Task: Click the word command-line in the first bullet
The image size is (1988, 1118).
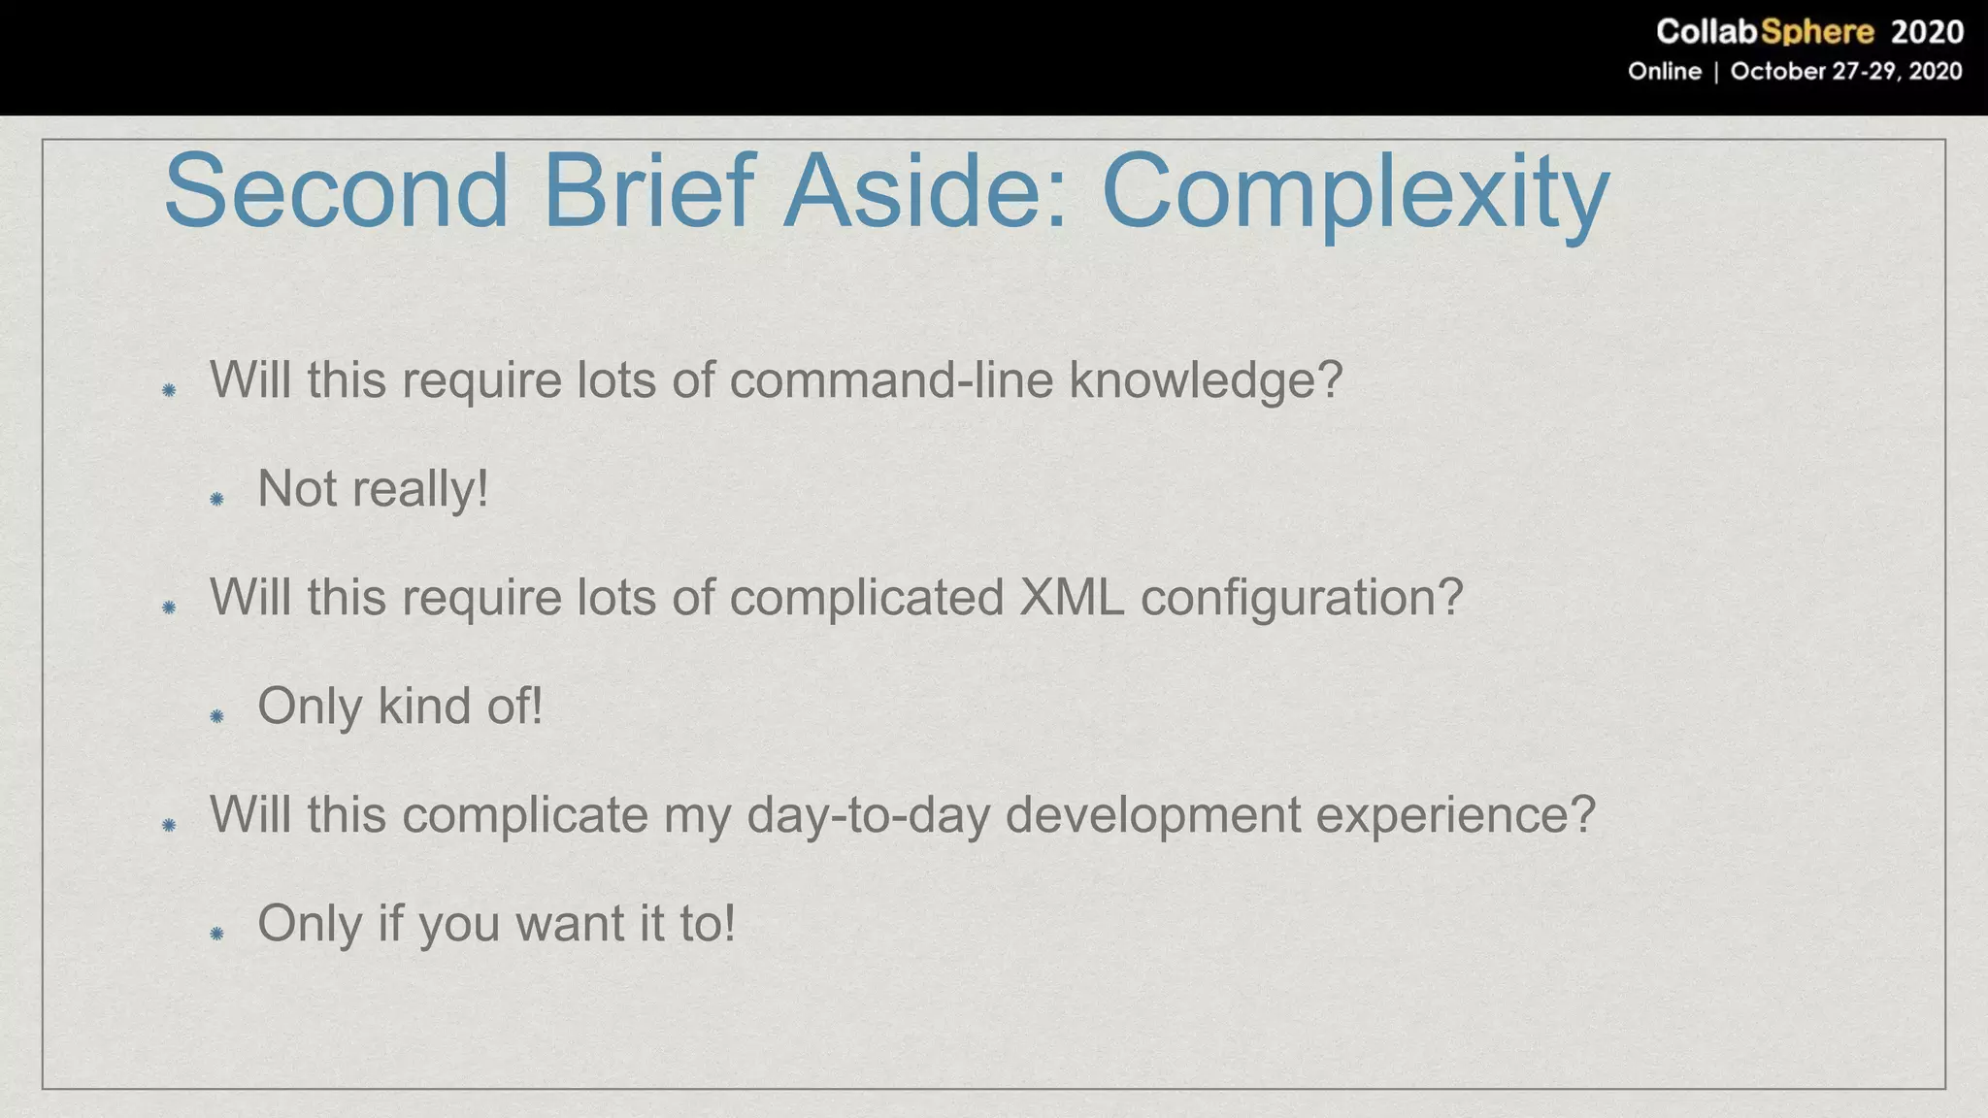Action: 891,379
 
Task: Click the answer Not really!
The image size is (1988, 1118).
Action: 373,489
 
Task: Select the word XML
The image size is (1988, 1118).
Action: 1072,597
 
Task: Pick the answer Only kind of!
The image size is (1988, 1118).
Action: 400,707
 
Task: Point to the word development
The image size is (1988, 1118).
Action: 1152,815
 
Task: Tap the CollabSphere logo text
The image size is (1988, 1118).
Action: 1764,32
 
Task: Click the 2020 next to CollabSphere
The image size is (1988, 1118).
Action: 1927,32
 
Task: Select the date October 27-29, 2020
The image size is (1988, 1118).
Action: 1845,72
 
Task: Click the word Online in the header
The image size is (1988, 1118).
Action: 1664,72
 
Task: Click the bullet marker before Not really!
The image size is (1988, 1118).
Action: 217,499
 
